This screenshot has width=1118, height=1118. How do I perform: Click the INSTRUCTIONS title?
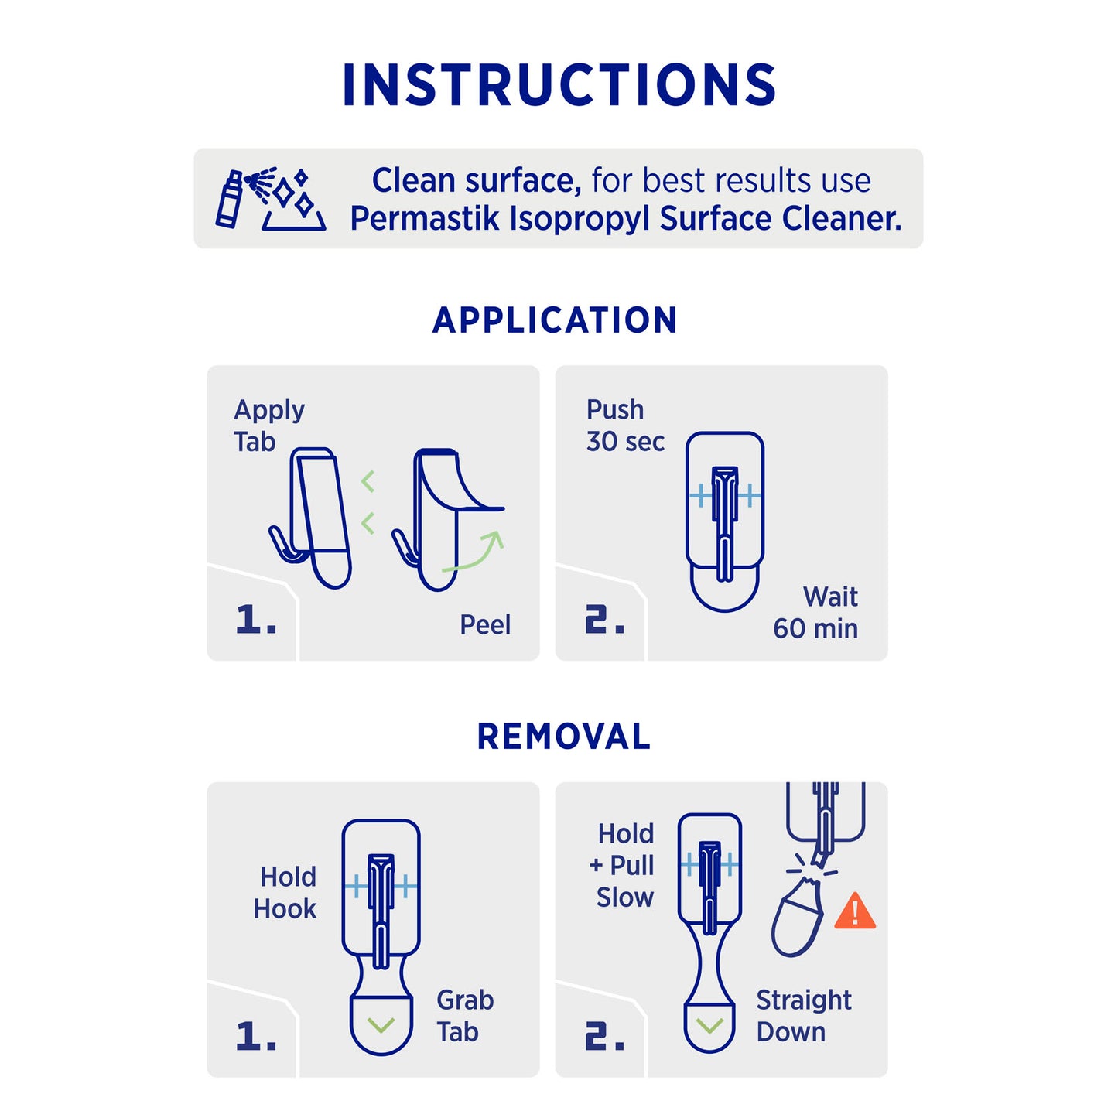click(x=559, y=84)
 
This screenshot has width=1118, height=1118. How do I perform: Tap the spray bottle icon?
click(x=228, y=199)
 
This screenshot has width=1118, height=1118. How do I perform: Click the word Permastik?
click(x=425, y=219)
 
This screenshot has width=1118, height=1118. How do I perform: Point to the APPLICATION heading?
click(x=555, y=320)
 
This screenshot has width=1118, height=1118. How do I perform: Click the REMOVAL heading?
click(x=563, y=737)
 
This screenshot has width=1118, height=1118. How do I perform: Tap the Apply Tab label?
click(x=268, y=426)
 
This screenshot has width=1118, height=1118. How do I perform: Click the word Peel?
click(x=485, y=625)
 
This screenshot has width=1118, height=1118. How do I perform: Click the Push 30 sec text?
click(x=625, y=426)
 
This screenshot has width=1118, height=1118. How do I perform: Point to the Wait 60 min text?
click(x=815, y=612)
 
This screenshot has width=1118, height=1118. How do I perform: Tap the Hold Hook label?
click(x=285, y=892)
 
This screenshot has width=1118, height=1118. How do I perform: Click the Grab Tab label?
click(x=465, y=1016)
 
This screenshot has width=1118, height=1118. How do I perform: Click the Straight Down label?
click(x=804, y=1016)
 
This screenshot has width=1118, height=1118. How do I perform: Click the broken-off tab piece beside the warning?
click(x=797, y=918)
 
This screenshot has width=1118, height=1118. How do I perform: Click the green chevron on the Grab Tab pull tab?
click(x=381, y=1024)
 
